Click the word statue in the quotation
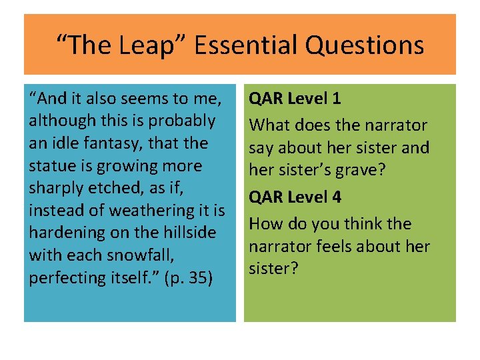tap(51, 165)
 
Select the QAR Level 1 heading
tap(295, 99)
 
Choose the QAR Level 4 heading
tap(295, 197)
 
